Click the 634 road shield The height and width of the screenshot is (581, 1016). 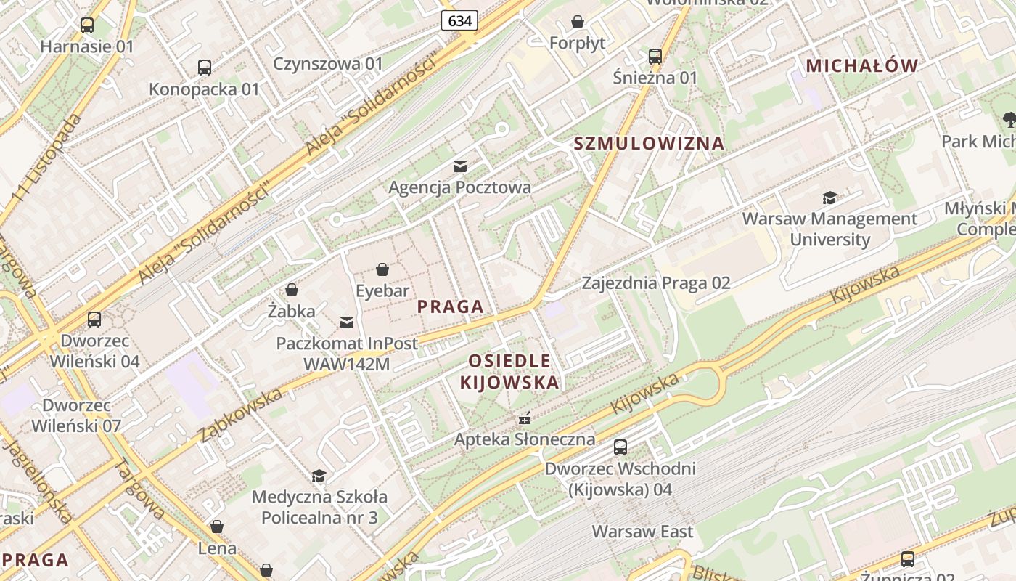tap(460, 20)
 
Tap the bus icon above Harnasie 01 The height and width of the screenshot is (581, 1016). tap(87, 25)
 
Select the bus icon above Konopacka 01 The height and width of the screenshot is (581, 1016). tap(205, 68)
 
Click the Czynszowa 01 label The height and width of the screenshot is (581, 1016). tap(328, 64)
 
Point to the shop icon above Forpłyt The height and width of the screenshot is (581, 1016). tap(578, 22)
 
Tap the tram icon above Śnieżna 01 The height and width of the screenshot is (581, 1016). tap(655, 56)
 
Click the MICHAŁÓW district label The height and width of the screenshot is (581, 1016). tap(862, 65)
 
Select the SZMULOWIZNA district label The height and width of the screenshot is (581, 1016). tap(650, 143)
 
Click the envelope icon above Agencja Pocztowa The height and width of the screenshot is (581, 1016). tap(460, 166)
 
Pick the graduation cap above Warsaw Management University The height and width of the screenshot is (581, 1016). tap(829, 198)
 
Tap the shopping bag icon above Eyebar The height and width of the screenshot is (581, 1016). tap(382, 270)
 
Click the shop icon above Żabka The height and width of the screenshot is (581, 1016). tap(292, 290)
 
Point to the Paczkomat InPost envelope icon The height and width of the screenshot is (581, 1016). tap(348, 322)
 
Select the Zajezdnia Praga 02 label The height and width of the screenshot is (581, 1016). tap(656, 283)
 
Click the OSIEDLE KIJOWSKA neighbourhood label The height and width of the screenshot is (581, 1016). tap(509, 371)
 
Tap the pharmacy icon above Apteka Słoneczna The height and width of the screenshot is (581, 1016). tap(525, 418)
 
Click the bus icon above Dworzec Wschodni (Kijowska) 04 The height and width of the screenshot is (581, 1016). tap(620, 447)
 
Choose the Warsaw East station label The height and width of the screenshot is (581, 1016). tap(642, 532)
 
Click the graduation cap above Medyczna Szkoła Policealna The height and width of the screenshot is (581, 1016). tap(319, 476)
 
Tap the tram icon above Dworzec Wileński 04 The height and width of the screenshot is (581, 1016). tap(94, 320)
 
